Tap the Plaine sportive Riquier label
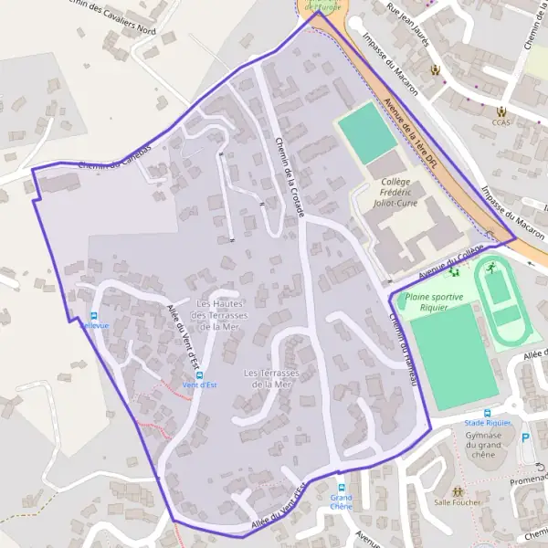point(434,301)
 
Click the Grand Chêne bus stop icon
point(342,488)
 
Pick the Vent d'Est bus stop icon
point(200,374)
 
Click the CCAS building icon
point(501,111)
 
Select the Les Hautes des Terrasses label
point(222,315)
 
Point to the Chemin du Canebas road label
point(114,161)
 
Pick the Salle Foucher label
point(457,501)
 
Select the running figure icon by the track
point(490,267)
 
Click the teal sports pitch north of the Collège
point(368,133)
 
